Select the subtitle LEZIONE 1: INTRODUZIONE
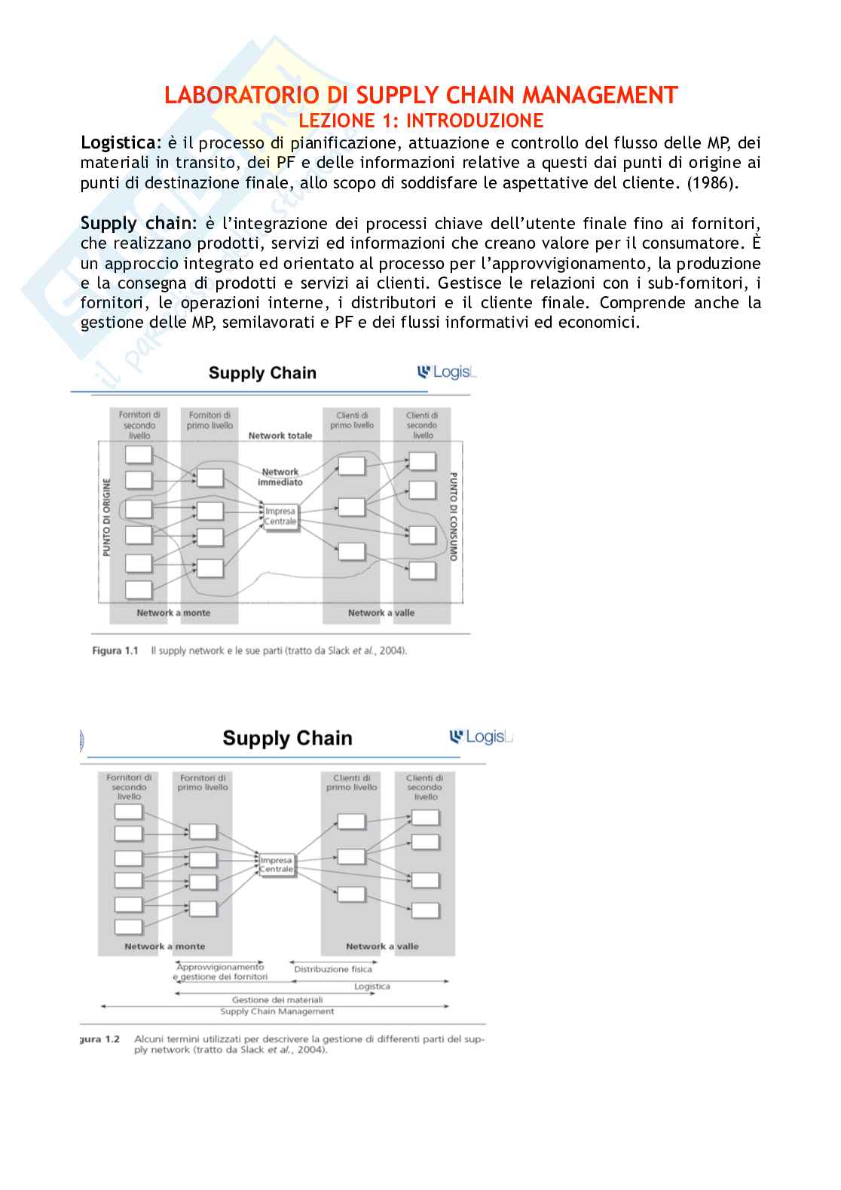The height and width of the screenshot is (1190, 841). (420, 121)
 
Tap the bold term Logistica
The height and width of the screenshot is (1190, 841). (120, 143)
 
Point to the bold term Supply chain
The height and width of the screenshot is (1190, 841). (137, 224)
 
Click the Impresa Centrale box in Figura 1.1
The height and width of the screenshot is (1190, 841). (280, 517)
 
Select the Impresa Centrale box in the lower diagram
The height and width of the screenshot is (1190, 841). (277, 864)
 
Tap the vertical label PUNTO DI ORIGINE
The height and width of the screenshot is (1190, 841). (106, 518)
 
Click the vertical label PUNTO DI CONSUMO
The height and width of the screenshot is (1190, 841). (454, 517)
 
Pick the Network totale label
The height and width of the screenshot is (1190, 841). (280, 436)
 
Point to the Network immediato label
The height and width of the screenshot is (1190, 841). (280, 477)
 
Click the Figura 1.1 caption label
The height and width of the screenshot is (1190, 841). (115, 651)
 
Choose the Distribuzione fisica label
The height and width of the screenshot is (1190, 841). (333, 969)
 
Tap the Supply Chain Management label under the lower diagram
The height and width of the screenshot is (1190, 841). (277, 1011)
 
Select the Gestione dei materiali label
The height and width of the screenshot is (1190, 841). (277, 1000)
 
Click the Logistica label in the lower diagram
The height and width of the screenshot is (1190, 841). (372, 987)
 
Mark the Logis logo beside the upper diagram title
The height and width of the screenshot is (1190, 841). (447, 372)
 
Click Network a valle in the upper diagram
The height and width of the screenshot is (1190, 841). (381, 613)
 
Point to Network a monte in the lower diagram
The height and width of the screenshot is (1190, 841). (164, 947)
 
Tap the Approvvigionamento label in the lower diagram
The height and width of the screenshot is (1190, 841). (220, 967)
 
